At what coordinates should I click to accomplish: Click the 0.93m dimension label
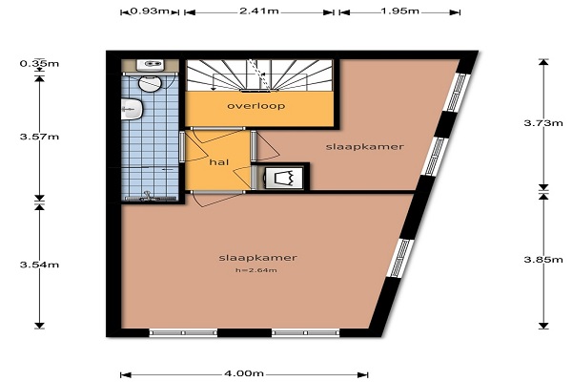click(150, 11)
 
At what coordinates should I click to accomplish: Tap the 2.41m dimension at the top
click(259, 11)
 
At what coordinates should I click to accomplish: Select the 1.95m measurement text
click(399, 11)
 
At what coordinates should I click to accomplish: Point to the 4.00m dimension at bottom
click(244, 373)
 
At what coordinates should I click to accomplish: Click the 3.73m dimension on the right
click(543, 123)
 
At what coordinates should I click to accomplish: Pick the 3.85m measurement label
click(543, 260)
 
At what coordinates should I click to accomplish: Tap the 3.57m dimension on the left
click(39, 137)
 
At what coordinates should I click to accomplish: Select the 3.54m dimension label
click(39, 265)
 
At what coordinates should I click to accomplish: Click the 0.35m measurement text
click(39, 64)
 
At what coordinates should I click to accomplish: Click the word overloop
click(256, 106)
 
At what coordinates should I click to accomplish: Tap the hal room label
click(219, 162)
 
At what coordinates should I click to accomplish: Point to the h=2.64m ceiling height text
click(256, 270)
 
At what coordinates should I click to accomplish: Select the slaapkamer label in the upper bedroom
click(365, 146)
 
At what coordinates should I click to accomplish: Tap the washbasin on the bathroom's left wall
click(132, 109)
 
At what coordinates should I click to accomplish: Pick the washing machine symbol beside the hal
click(284, 178)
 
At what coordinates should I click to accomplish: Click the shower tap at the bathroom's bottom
click(148, 196)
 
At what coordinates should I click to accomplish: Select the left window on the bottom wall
click(183, 332)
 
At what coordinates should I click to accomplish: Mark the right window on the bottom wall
click(306, 332)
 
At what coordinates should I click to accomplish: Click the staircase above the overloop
click(259, 74)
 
